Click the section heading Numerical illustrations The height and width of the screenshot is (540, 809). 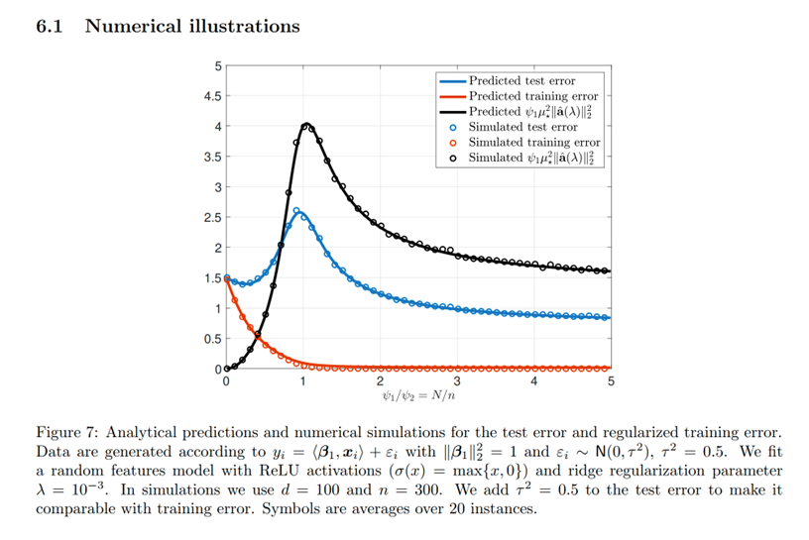(x=192, y=26)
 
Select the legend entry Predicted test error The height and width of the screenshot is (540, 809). (x=521, y=80)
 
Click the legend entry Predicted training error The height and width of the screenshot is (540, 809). (x=533, y=96)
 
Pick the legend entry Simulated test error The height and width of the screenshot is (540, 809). (x=522, y=127)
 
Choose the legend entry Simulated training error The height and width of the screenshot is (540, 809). (x=534, y=143)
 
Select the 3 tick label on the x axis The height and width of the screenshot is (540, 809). (x=457, y=381)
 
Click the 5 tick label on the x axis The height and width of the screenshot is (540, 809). (x=611, y=381)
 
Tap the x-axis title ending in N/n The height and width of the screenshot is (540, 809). (x=417, y=398)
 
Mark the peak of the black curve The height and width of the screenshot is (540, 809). (x=306, y=124)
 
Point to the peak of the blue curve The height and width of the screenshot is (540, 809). (x=297, y=210)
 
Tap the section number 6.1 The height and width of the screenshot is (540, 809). (x=49, y=26)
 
